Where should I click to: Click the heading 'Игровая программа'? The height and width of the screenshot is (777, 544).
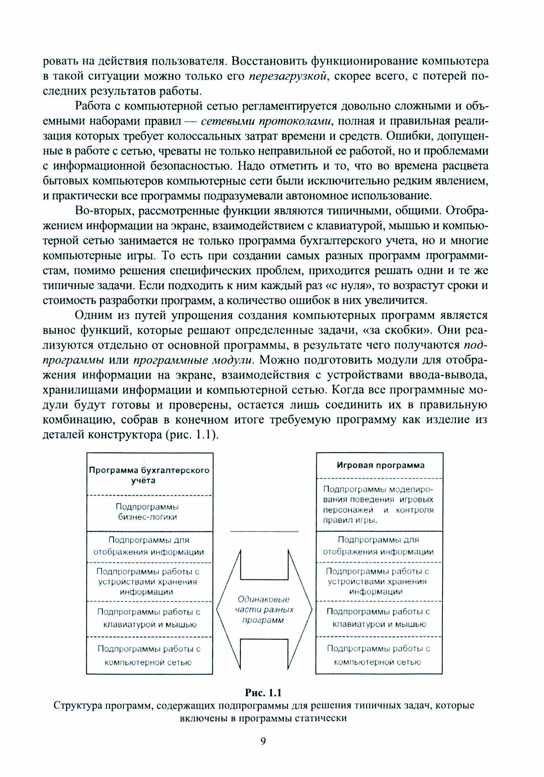[380, 465]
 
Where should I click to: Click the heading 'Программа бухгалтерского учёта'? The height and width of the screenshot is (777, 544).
[149, 475]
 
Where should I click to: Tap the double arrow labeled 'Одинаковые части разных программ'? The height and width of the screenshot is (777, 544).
[264, 609]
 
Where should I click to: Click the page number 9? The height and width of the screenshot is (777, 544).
[263, 741]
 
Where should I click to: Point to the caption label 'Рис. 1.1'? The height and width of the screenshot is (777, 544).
[263, 692]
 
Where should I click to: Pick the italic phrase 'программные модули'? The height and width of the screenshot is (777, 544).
[193, 360]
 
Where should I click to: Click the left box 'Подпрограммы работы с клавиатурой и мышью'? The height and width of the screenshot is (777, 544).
[149, 618]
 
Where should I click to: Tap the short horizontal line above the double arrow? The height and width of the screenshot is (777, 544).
[264, 532]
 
